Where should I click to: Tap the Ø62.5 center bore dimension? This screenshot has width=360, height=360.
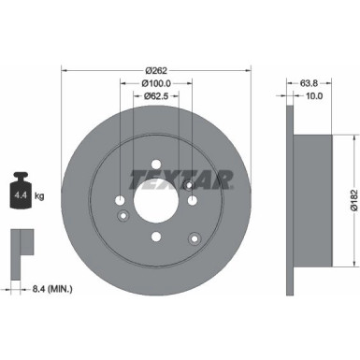coord(156,96)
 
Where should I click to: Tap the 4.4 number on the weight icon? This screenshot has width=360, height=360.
coord(18,195)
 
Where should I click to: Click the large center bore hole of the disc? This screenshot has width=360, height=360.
coord(156,199)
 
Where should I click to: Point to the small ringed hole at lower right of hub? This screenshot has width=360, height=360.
coord(194,235)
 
